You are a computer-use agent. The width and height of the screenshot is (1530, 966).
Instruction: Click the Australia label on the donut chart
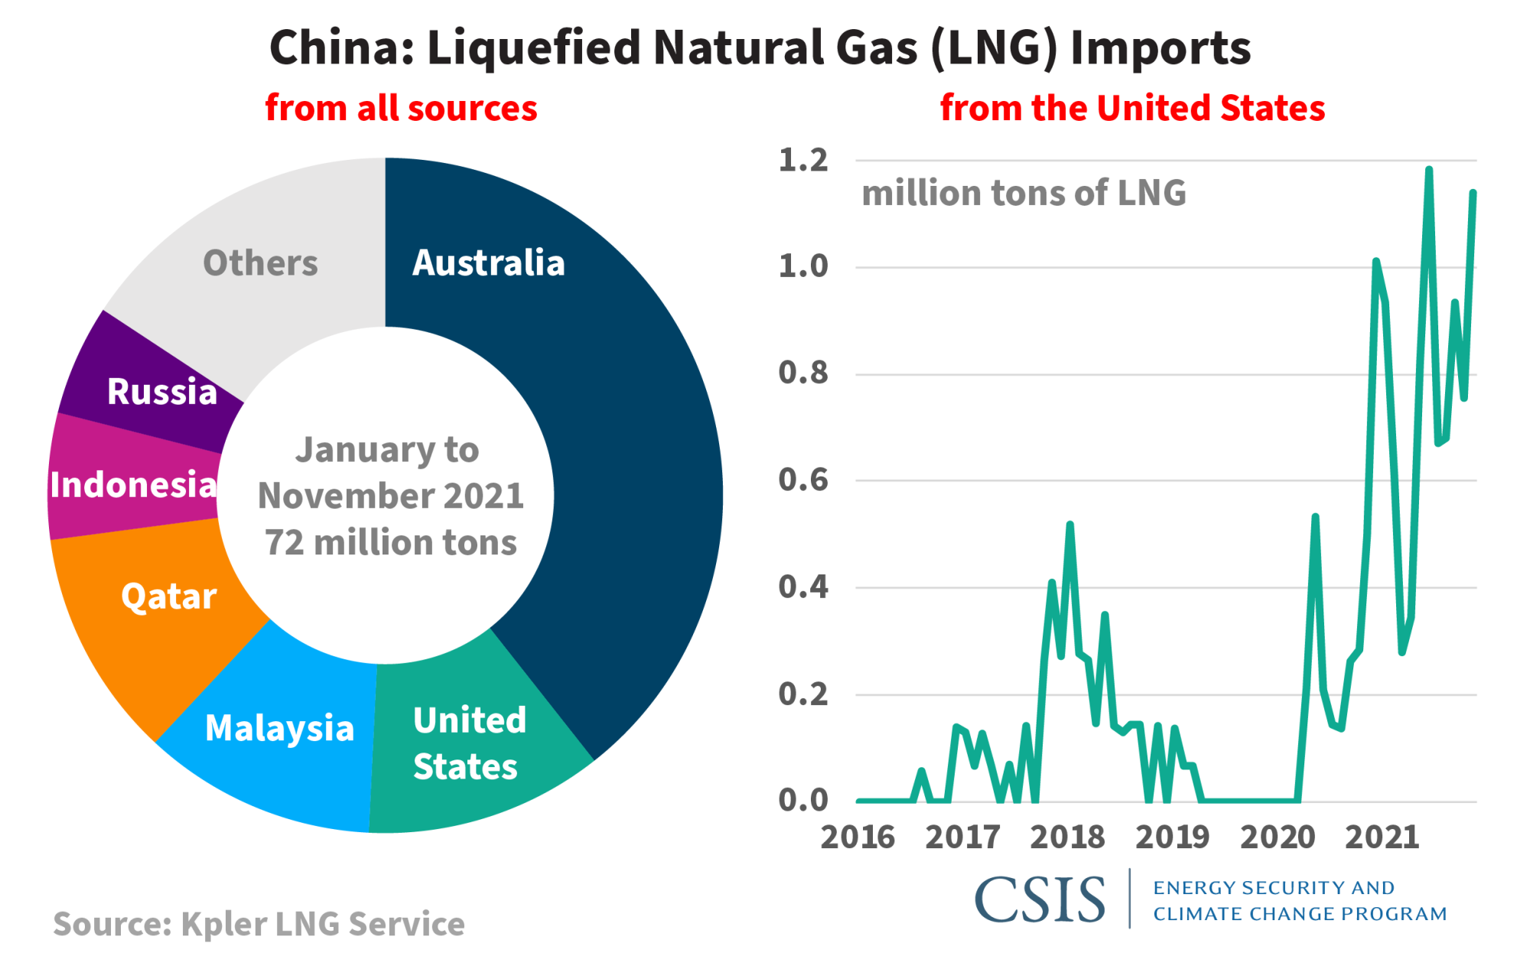click(488, 263)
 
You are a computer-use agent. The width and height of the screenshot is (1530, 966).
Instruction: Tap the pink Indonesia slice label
click(133, 485)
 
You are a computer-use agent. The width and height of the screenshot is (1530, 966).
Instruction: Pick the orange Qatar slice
click(168, 597)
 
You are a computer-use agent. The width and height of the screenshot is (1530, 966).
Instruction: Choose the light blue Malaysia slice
click(279, 728)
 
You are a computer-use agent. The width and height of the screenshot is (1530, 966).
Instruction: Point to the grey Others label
click(260, 263)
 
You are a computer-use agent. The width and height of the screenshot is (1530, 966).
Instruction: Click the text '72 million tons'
click(391, 542)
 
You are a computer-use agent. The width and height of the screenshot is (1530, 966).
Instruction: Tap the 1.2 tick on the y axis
click(802, 161)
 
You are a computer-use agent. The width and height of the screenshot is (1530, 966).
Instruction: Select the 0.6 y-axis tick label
click(802, 480)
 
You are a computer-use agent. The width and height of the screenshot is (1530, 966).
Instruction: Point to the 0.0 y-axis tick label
click(802, 801)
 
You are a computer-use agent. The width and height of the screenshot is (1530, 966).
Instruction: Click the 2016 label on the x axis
click(858, 838)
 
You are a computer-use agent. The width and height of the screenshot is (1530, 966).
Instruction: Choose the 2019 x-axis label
click(1172, 838)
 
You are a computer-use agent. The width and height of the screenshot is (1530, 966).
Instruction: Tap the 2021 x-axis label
click(1382, 838)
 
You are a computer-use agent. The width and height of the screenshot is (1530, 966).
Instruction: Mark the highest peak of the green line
click(1428, 170)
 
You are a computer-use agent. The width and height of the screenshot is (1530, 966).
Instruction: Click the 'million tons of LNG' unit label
click(1024, 193)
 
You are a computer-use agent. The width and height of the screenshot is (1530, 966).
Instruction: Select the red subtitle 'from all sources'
click(401, 109)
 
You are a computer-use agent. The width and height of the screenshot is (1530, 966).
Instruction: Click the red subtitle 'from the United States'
click(1132, 109)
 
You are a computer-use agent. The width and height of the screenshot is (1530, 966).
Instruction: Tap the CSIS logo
click(1040, 899)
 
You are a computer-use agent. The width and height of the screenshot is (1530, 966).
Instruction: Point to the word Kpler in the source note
click(223, 925)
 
